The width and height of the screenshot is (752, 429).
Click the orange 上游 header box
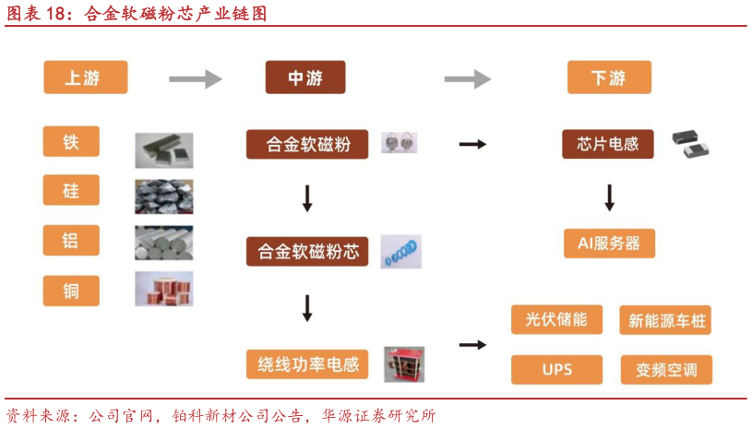point(85,77)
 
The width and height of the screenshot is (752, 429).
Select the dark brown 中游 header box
point(305,77)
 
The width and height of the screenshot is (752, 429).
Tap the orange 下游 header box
point(608,77)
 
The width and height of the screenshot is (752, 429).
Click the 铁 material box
point(71,142)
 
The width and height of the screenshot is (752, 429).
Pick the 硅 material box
point(71,191)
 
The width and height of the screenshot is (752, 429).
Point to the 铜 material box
point(71,292)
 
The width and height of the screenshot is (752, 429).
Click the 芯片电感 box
point(608,144)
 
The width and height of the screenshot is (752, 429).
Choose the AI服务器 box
point(609,244)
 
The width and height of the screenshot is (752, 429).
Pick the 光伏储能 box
point(556,319)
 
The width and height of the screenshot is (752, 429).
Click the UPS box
point(556,370)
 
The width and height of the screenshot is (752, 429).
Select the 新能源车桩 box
point(664,321)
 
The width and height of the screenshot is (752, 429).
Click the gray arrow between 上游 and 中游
point(196,78)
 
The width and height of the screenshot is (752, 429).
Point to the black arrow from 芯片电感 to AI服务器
point(609,197)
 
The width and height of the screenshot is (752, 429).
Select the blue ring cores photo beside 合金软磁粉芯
point(400,251)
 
